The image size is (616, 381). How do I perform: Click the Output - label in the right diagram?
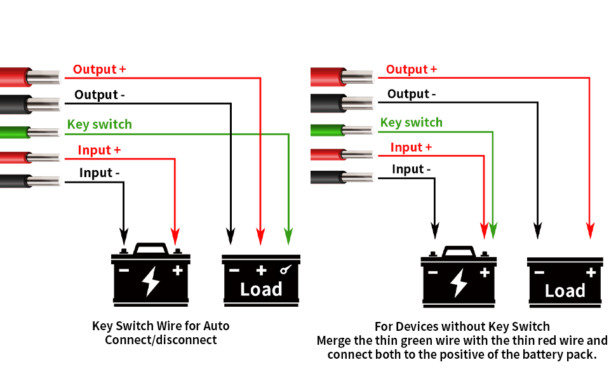coord(412,94)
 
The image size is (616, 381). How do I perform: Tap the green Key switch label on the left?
coord(99,124)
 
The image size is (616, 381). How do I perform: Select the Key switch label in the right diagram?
coord(411,123)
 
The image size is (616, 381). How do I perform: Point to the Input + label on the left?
coord(99,150)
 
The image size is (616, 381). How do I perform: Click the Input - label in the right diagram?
coord(411,170)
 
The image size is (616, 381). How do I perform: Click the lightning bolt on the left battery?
coord(151,281)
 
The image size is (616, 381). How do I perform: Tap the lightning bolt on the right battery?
coord(459,283)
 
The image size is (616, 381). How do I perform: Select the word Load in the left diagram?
coord(261,290)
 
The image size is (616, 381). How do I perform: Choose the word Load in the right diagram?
coord(565,291)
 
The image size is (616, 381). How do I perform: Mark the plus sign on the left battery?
coord(177,271)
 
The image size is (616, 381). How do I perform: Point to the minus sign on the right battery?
coord(433,272)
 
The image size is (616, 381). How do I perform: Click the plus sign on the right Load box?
coord(591,273)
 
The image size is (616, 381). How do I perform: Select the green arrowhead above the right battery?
coord(493,231)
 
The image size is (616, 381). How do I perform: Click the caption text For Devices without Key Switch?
coord(462,326)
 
